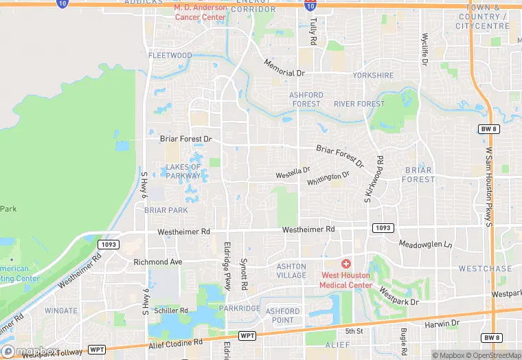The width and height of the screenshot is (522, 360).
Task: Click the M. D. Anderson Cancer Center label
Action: [x=201, y=12]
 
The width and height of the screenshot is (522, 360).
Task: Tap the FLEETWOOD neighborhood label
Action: [x=170, y=56]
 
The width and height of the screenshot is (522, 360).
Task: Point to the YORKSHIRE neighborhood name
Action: [x=373, y=75]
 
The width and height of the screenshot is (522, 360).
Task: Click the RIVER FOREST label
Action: [x=359, y=104]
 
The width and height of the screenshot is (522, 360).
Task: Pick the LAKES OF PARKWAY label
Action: [x=183, y=171]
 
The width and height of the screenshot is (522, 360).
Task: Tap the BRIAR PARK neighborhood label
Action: [x=166, y=210]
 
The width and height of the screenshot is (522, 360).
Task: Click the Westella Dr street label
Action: [x=293, y=170]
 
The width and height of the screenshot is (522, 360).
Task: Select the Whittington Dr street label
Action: [x=328, y=178]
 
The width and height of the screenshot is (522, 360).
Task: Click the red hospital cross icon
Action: [x=346, y=264]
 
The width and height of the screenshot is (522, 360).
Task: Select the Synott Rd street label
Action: [x=244, y=273]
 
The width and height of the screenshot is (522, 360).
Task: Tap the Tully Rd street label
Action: [x=313, y=32]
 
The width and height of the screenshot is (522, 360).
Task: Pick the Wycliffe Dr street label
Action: [x=425, y=49]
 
